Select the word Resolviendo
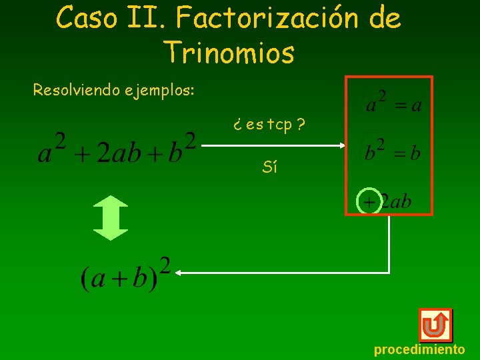(x=77, y=89)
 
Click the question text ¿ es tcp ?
(x=269, y=125)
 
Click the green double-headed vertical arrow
(x=110, y=217)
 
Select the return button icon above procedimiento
(x=435, y=325)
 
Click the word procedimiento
(x=419, y=349)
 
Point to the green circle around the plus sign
(x=369, y=201)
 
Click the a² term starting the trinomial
(x=53, y=148)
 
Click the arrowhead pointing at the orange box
(x=341, y=144)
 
